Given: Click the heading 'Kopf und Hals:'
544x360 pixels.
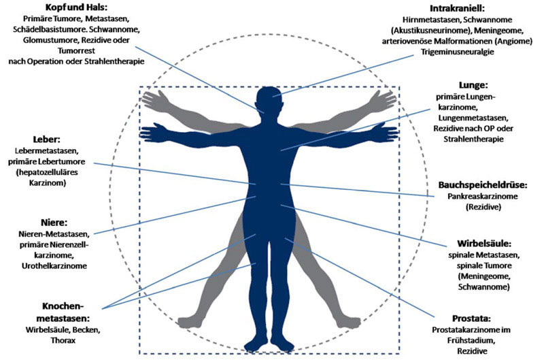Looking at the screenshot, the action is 76,7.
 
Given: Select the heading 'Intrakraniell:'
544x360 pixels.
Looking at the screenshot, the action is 457,8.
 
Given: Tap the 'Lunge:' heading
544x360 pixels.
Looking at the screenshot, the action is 473,84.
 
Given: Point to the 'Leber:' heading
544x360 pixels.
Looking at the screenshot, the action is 46,140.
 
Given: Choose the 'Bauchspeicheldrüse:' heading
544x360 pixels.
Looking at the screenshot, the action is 483,184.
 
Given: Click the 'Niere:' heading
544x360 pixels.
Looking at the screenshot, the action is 54,222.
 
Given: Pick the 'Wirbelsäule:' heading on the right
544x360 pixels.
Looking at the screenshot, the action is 484,243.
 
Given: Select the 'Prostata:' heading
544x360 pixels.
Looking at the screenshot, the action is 471,318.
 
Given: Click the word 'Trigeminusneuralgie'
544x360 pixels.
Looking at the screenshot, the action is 457,52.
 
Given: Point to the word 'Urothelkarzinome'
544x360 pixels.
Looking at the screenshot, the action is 54,266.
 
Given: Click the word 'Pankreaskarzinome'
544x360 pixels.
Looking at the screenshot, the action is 482,196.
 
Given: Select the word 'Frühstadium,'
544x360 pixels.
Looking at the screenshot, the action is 471,340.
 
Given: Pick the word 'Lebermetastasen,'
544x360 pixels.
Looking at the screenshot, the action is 47,150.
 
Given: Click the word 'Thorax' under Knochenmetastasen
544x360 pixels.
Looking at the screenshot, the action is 63,340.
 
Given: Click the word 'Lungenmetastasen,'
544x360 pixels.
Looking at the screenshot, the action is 473,118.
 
